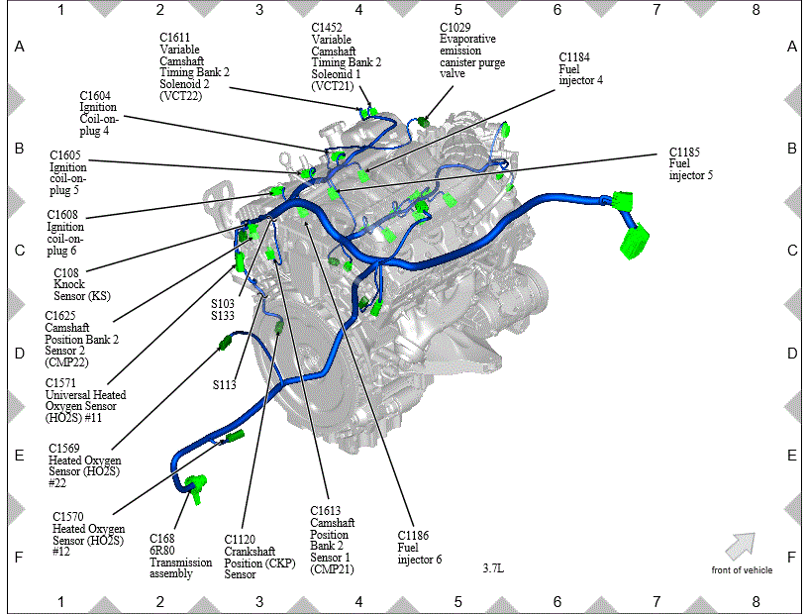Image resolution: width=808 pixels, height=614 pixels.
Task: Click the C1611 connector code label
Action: point(174,38)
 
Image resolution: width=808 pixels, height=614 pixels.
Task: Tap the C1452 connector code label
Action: point(327,28)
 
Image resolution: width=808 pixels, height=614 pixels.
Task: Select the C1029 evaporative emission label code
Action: point(455,28)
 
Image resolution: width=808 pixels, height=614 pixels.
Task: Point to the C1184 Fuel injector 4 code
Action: point(574,57)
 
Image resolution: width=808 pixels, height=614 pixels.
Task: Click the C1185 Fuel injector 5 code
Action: point(684,153)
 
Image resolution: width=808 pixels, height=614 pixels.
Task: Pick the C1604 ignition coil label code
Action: point(95,96)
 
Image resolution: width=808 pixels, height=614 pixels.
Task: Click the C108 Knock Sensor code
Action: point(66,273)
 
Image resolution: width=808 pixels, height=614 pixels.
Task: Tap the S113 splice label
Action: point(224,385)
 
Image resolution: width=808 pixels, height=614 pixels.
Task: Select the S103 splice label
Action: point(223,304)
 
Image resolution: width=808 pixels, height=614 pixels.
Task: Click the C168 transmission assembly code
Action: point(162,539)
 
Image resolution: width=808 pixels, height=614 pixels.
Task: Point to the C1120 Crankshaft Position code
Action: point(240,540)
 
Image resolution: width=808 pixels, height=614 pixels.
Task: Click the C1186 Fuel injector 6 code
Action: point(413,536)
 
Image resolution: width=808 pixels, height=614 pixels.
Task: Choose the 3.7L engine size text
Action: point(493,568)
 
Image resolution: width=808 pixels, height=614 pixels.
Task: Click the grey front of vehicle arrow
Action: point(741,546)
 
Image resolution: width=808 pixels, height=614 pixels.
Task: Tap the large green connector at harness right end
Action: point(635,242)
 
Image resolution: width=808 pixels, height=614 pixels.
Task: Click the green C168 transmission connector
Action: point(196,487)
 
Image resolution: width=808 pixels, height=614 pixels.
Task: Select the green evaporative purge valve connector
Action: point(423,122)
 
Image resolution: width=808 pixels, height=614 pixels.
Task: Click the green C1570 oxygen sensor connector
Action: point(236,436)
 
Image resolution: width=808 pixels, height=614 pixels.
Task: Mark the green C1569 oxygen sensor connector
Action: point(225,343)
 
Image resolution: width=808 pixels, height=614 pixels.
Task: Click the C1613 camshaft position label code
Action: point(325,511)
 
